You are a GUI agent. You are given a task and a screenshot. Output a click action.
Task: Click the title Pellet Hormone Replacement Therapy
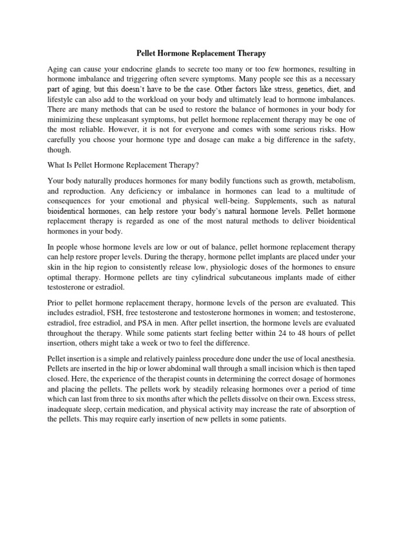tap(201, 53)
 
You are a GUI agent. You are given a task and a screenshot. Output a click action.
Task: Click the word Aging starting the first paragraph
tap(58, 69)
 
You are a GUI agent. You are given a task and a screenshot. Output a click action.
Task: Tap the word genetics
tap(299, 89)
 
